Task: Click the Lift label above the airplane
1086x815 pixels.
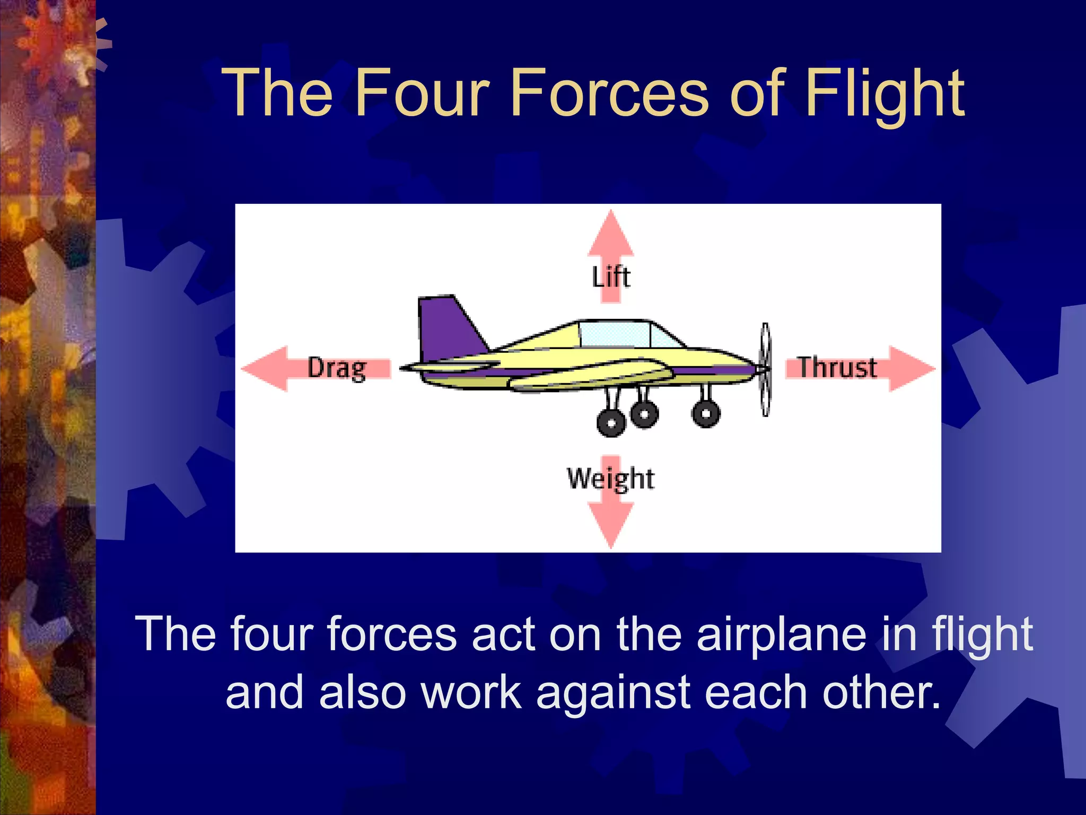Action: tap(611, 277)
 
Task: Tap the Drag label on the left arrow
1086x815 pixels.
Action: tap(337, 368)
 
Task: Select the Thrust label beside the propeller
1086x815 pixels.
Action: tap(837, 368)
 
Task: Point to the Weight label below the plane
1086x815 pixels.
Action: tap(611, 479)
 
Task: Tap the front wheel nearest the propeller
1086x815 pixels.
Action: tap(706, 413)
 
